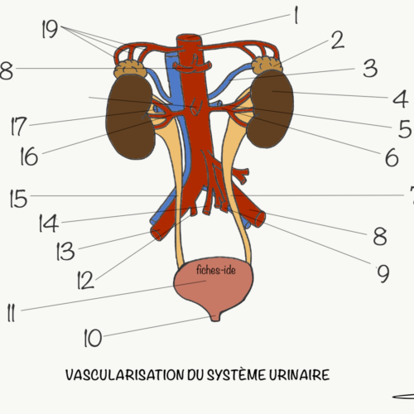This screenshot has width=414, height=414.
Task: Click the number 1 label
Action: [296, 16]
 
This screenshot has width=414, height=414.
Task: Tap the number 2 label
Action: [338, 40]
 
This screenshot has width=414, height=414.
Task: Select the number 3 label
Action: [370, 68]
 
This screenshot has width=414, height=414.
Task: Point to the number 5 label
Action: [405, 128]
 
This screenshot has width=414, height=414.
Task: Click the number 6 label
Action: [392, 157]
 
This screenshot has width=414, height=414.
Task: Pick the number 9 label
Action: [383, 273]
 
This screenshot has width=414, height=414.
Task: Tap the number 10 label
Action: [93, 338]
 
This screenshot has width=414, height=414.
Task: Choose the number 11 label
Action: [11, 313]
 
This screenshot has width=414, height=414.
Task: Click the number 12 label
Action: [85, 280]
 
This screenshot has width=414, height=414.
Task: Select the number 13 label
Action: [65, 251]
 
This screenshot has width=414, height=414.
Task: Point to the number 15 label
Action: [18, 199]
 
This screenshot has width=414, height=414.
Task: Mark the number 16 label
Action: [29, 156]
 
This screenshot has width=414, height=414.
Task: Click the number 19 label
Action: [50, 29]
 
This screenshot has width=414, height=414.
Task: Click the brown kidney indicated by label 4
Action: [271, 109]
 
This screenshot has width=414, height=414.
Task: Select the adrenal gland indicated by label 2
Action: [267, 65]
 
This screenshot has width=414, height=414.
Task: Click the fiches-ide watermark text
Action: [216, 270]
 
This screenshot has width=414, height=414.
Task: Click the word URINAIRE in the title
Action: [299, 375]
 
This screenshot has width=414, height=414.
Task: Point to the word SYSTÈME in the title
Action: [237, 374]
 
